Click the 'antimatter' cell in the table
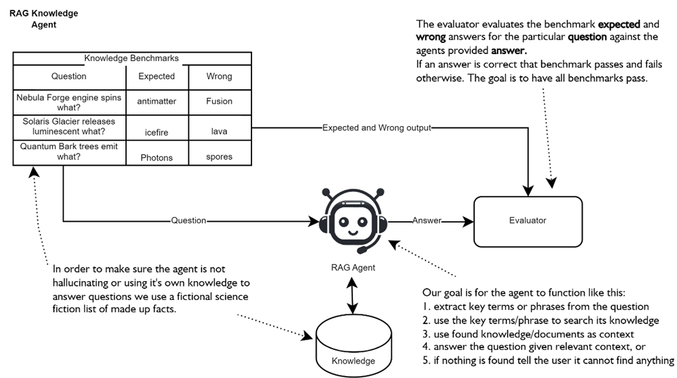(157, 101)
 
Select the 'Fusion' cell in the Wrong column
(219, 101)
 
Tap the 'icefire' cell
(157, 132)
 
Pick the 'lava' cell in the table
(219, 132)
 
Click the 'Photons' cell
(157, 157)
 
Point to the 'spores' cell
(219, 157)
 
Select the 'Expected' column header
(157, 76)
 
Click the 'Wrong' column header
(219, 76)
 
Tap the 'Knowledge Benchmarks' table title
(131, 59)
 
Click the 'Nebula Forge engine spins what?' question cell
(69, 101)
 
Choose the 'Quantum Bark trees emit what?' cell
(69, 151)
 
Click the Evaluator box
(528, 221)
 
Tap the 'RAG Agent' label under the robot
(353, 267)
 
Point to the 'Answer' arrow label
(427, 221)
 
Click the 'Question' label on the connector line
(188, 221)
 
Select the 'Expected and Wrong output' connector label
(377, 128)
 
